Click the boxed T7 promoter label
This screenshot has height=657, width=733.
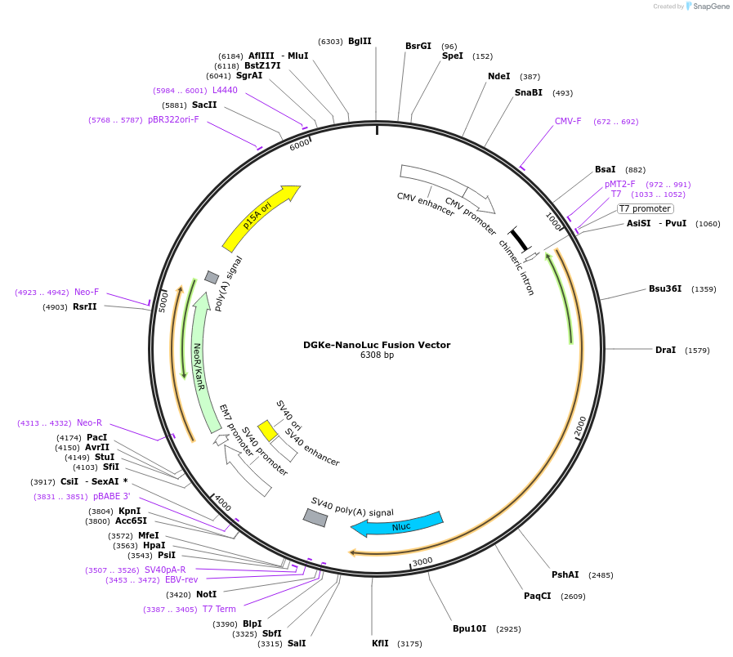645,208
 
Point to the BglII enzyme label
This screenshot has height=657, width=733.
360,41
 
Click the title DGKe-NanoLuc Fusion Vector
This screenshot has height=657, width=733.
377,345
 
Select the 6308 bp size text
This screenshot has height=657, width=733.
377,355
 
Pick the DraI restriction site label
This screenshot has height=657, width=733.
665,350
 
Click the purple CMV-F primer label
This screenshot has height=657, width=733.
568,121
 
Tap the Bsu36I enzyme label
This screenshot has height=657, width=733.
665,288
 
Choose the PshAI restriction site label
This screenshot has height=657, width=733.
565,574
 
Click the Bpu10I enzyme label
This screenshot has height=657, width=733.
469,628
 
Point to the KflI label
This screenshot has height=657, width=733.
380,643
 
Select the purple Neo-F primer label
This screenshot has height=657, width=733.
87,292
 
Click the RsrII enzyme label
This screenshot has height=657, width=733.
85,306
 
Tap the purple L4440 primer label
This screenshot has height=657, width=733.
225,90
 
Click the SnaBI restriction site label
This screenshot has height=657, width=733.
528,92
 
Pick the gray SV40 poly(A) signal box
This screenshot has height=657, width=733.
315,517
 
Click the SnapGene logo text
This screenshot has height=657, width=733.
708,7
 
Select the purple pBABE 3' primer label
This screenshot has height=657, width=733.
111,496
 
